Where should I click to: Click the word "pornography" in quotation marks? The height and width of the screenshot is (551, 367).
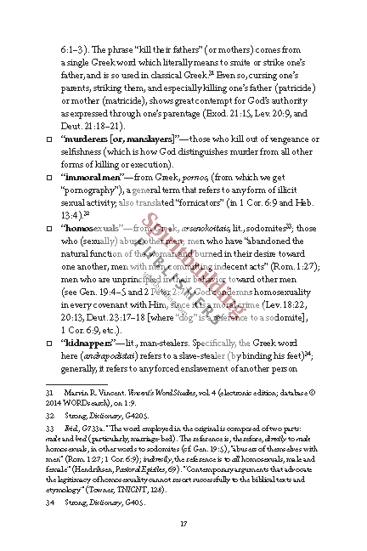point(93,189)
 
